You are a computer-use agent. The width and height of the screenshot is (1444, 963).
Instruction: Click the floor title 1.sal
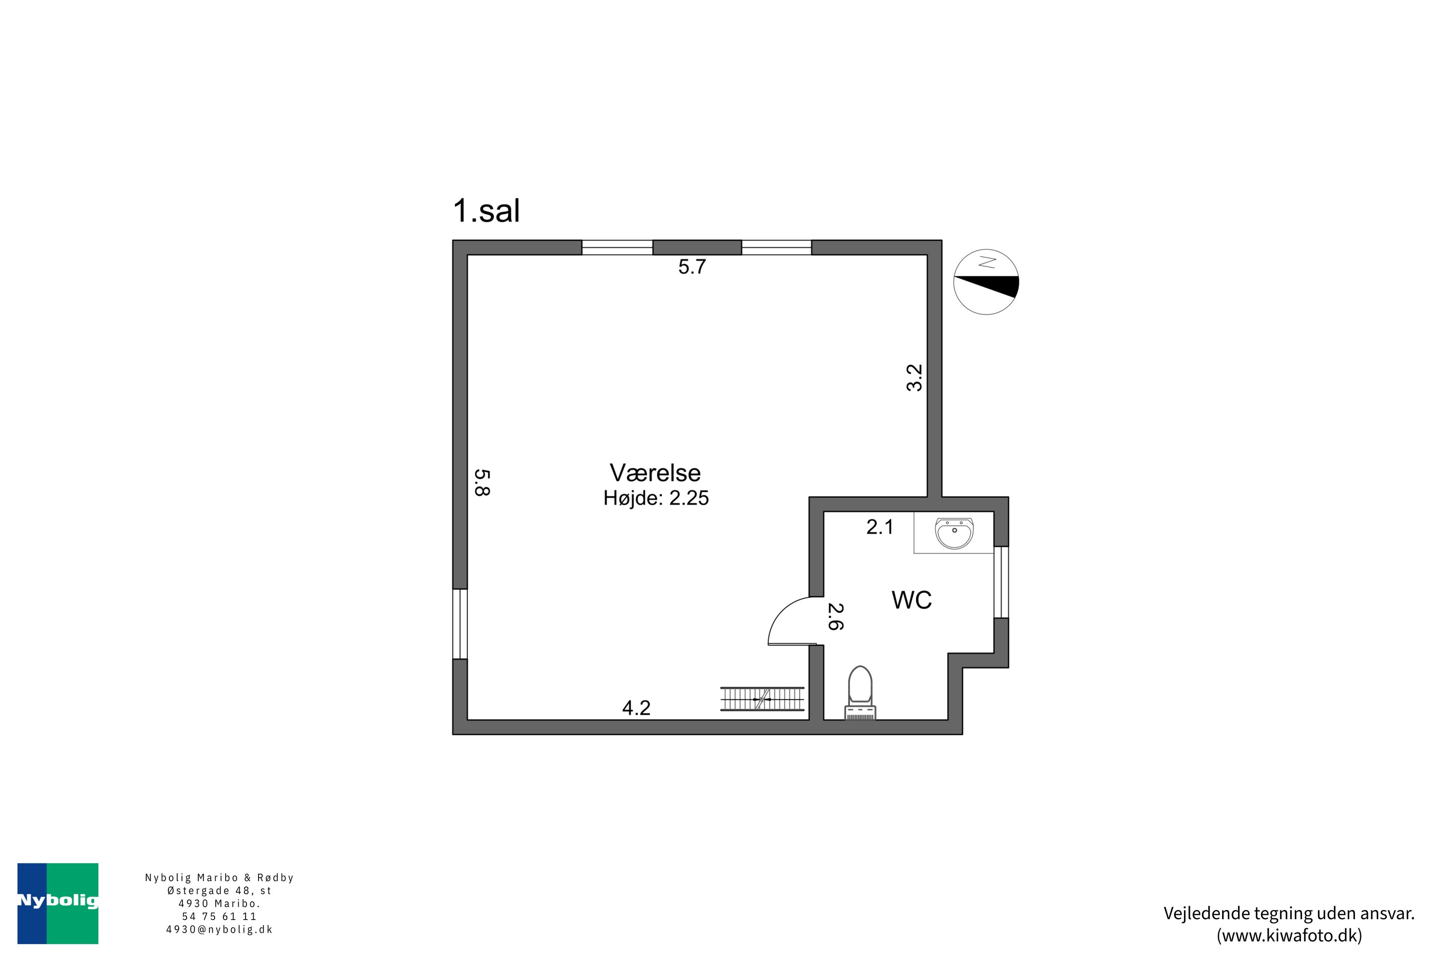point(486,211)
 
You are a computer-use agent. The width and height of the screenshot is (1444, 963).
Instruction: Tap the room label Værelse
point(655,473)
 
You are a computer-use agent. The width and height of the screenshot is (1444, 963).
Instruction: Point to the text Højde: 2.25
point(656,498)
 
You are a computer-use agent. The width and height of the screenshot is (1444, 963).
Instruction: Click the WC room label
point(911,600)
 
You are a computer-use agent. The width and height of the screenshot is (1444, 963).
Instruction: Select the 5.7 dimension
point(692,267)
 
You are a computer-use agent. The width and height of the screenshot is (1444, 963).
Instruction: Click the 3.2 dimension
point(915,377)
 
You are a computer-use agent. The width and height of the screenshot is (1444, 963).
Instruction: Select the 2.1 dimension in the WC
point(880,527)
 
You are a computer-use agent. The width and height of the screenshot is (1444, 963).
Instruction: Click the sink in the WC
point(954,533)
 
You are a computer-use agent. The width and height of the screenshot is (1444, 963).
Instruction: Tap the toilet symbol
point(860,692)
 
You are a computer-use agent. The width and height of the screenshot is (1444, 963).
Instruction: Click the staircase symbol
point(762,699)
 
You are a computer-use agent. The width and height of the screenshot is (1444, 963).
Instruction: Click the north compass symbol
point(986,282)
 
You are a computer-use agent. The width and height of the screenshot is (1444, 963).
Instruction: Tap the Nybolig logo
point(58,903)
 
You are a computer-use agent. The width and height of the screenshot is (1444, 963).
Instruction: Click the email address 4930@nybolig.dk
point(219,929)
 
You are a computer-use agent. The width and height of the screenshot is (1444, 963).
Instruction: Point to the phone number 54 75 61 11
point(219,916)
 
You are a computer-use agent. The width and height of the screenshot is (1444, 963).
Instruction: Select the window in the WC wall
point(1001,582)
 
